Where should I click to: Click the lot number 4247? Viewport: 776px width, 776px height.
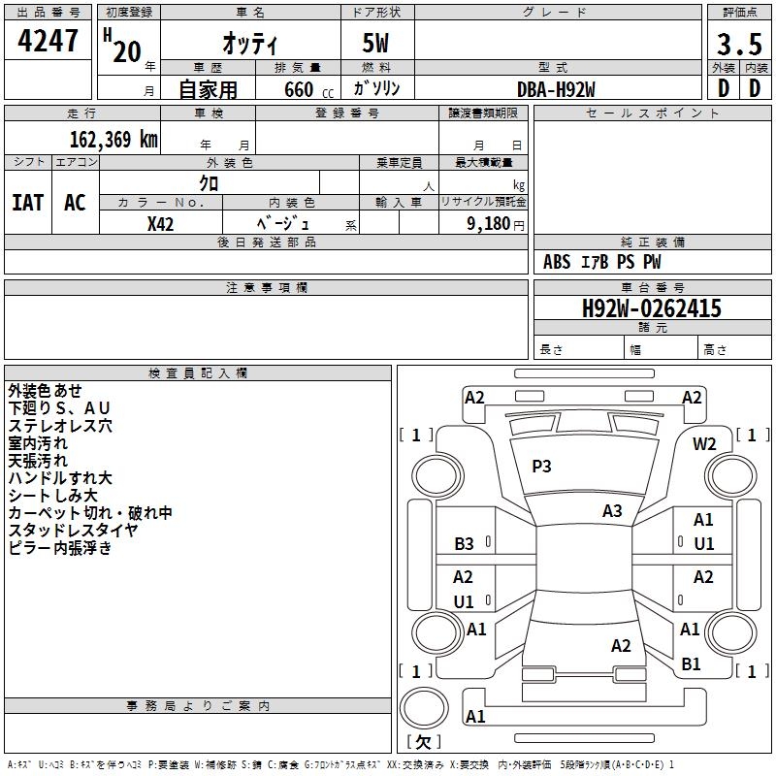tap(48, 41)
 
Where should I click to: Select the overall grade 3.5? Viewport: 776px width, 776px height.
tap(736, 45)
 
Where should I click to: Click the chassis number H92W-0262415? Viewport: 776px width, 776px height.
tap(651, 308)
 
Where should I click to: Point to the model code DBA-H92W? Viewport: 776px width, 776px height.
tap(556, 88)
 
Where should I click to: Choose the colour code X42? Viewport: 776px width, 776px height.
tap(161, 223)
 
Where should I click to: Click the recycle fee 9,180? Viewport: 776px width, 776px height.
tap(487, 223)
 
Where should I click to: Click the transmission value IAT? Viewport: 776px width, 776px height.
tap(27, 202)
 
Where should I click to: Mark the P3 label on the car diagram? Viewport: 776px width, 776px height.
tap(541, 467)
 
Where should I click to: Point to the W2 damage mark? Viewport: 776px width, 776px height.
tap(704, 444)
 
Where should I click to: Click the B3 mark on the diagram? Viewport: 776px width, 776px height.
tap(465, 544)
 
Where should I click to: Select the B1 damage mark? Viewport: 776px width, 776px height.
tap(691, 664)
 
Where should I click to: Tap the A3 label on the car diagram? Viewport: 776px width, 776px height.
tap(612, 510)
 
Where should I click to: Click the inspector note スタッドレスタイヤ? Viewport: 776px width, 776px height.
tap(73, 530)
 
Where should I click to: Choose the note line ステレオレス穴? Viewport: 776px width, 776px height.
tap(60, 425)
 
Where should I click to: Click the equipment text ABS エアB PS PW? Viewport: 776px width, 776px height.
tap(603, 262)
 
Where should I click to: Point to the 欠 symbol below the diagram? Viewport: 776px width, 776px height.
tap(423, 742)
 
